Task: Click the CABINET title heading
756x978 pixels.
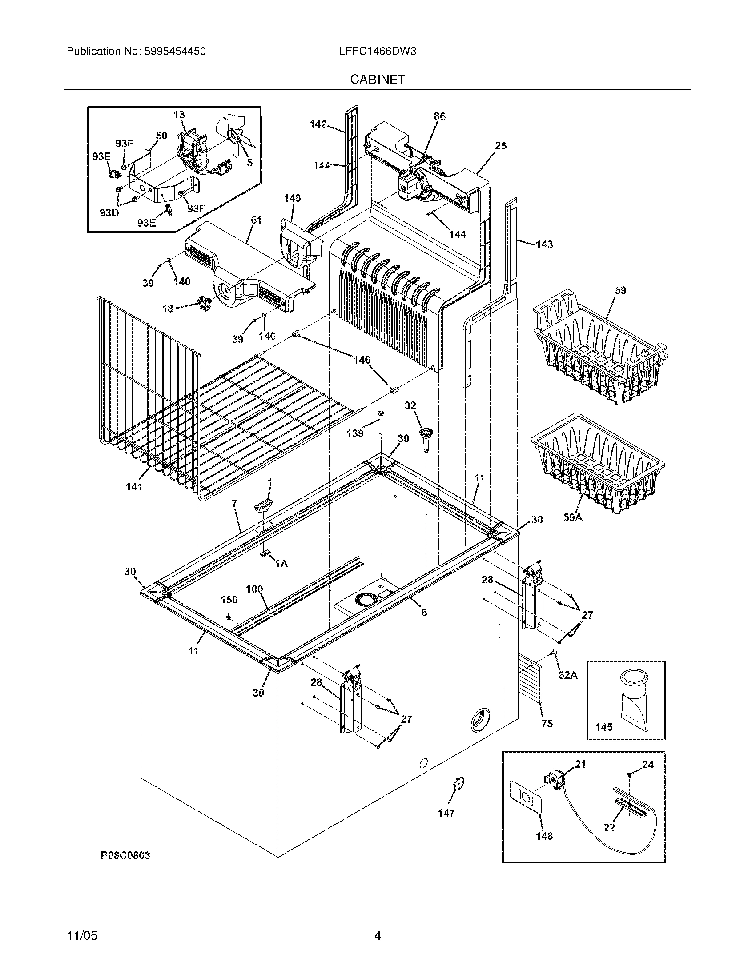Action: pos(377,79)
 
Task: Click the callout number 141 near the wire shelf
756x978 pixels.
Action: pos(134,487)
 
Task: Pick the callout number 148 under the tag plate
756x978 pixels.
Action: pos(544,836)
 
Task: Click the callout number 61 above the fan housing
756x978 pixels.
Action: pos(256,220)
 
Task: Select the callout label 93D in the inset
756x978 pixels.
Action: pos(109,212)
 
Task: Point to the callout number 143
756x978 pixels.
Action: pos(544,244)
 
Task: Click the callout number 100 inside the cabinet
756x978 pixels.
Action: pos(254,589)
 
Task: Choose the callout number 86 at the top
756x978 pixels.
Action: pos(439,116)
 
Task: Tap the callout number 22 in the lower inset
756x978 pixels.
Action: pos(609,828)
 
